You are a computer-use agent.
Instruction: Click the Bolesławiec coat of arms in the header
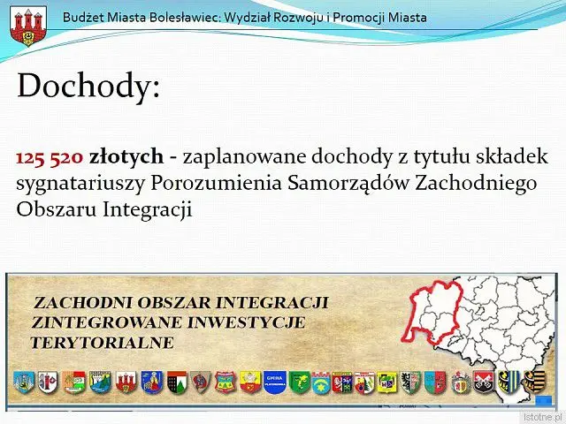pyautogui.click(x=28, y=26)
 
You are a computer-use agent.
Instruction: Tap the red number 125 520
pyautogui.click(x=50, y=157)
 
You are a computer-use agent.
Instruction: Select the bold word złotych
pyautogui.click(x=126, y=157)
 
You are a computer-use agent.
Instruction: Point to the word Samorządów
pyautogui.click(x=348, y=183)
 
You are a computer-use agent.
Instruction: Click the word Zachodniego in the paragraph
pyautogui.click(x=476, y=184)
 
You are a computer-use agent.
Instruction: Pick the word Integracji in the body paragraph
pyautogui.click(x=148, y=209)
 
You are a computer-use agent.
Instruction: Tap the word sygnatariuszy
pyautogui.click(x=80, y=185)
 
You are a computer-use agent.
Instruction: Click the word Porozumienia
pyautogui.click(x=216, y=183)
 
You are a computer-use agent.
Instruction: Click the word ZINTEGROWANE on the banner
pyautogui.click(x=107, y=322)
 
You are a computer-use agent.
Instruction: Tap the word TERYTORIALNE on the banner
pyautogui.click(x=103, y=343)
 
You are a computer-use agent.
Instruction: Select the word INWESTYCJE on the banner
pyautogui.click(x=247, y=322)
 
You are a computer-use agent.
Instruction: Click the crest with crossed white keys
pyautogui.click(x=484, y=382)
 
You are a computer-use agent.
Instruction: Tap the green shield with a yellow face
pyautogui.click(x=300, y=382)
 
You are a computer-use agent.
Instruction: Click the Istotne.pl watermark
pyautogui.click(x=544, y=418)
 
